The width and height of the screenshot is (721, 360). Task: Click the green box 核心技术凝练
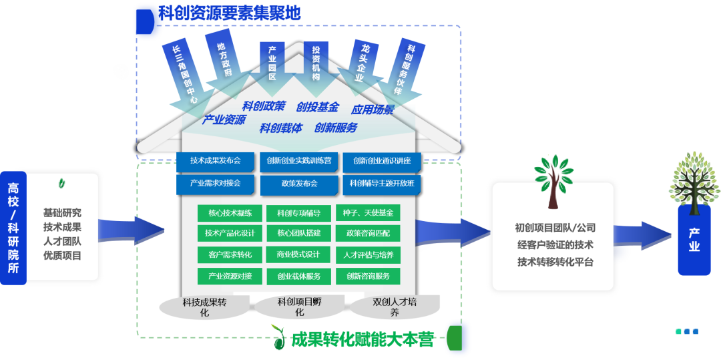point(230,213)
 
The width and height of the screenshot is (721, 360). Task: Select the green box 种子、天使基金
point(368,213)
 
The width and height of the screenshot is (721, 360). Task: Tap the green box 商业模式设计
point(298,254)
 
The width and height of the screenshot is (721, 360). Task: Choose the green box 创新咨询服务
point(368,275)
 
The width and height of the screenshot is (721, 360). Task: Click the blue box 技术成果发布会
point(215,161)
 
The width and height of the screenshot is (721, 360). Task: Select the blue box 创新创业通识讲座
point(382,161)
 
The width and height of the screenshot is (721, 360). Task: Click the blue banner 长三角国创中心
point(184,73)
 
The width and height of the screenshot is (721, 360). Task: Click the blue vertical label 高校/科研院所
point(13,228)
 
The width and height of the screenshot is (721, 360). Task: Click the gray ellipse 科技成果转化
point(204,307)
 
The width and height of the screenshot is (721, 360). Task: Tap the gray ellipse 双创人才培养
point(394,307)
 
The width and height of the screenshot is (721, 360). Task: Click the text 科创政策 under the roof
point(263,106)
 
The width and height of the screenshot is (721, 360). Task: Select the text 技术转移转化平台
point(555,262)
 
